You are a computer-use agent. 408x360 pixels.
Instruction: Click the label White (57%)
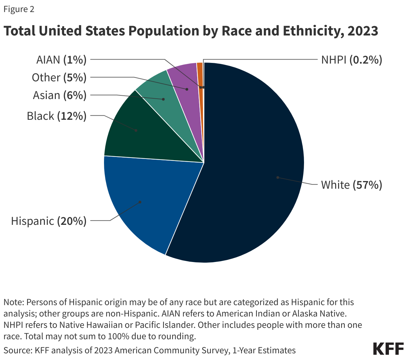[351, 185]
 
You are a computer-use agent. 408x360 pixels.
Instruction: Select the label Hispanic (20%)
[49, 221]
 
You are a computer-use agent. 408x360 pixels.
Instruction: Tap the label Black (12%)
[57, 116]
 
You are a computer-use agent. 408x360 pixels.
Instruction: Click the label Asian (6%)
[60, 95]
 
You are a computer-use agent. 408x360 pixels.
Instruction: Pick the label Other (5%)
[59, 78]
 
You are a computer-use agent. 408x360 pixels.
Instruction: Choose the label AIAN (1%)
[61, 60]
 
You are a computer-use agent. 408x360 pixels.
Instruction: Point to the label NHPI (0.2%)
[351, 60]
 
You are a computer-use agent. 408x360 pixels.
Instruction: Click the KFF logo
[388, 349]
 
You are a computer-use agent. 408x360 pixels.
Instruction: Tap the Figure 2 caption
[19, 9]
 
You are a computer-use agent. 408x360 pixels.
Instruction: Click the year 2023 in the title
[363, 31]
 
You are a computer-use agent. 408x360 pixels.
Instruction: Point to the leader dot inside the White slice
[278, 177]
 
